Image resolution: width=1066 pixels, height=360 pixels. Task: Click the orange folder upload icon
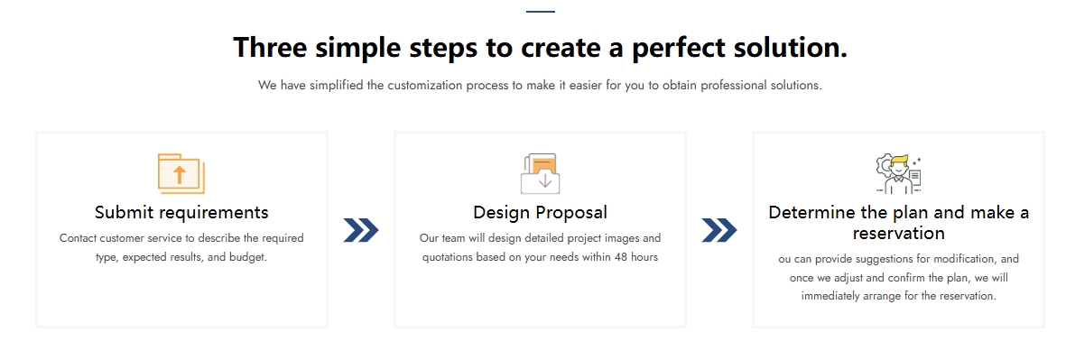point(181,173)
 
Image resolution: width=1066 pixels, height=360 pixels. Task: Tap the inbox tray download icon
point(541,174)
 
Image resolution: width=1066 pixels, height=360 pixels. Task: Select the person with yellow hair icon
point(899,174)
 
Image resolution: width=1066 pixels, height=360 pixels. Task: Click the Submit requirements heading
point(181,212)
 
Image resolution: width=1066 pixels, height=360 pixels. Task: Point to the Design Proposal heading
point(541,212)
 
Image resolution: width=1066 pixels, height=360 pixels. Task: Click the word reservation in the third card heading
point(899,233)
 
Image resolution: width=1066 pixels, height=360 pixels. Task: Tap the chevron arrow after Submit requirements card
point(361,230)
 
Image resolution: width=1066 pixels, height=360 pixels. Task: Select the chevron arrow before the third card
point(719,230)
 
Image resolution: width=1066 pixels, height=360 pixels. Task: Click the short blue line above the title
point(541,12)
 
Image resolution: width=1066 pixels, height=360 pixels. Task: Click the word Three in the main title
point(270,48)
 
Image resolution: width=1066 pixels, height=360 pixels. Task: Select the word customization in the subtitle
point(425,86)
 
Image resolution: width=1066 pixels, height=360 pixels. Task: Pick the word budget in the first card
point(247,258)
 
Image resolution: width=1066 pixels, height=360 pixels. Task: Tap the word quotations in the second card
point(448,258)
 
